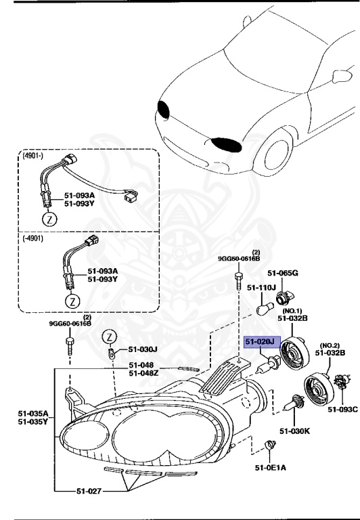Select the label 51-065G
pyautogui.click(x=282, y=273)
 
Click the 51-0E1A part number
pyautogui.click(x=270, y=467)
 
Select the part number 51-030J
pyautogui.click(x=142, y=350)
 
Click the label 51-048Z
pyautogui.click(x=145, y=373)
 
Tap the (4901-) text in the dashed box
pyautogui.click(x=32, y=155)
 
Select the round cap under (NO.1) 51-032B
pyautogui.click(x=296, y=350)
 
